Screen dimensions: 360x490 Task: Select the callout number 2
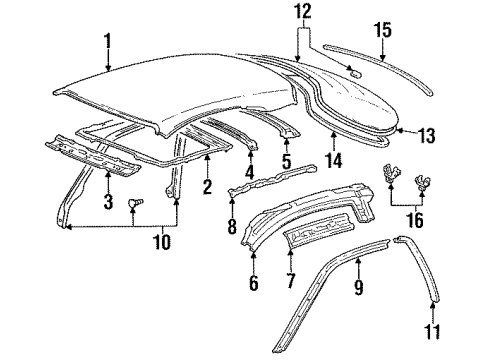tap(207, 187)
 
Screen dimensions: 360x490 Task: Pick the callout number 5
tap(286, 160)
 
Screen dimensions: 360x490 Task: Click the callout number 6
tap(254, 284)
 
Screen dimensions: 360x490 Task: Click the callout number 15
tap(382, 31)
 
